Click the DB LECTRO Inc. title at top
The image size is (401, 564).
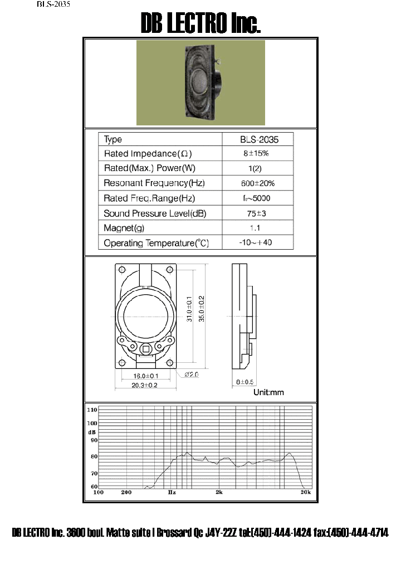point(200,23)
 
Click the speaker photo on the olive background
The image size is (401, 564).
point(200,83)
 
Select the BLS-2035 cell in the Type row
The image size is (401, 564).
point(257,139)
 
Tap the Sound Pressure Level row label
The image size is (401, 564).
point(155,213)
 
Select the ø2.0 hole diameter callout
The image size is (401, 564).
point(191,375)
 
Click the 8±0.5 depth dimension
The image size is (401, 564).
point(245,382)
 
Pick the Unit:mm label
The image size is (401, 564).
point(268,392)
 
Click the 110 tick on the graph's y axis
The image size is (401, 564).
point(92,410)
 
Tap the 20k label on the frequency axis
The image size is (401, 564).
point(305,493)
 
